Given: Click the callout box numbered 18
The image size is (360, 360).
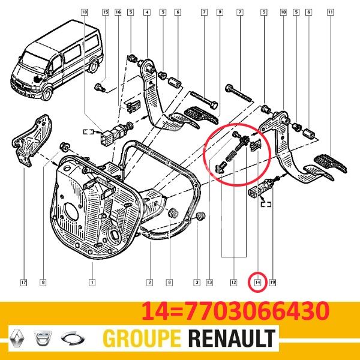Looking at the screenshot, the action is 85,12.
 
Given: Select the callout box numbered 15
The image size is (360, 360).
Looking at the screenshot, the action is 106,12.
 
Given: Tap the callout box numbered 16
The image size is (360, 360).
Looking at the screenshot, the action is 118,12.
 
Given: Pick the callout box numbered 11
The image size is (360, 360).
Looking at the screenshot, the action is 331,12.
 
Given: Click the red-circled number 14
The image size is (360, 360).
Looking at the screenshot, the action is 257,282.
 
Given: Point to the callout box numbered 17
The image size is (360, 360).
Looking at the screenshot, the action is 23,282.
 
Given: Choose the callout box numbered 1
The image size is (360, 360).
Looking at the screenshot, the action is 92,282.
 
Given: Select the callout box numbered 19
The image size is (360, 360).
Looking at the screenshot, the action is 272,282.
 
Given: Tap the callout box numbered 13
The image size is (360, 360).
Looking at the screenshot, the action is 209,282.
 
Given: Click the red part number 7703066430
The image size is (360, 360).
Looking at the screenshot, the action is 257,311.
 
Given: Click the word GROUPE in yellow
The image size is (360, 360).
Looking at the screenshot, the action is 142,338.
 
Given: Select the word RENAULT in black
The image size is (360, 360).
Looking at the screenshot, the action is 232,338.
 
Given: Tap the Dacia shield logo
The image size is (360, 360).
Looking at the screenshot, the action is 43,338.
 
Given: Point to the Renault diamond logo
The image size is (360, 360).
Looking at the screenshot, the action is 17,338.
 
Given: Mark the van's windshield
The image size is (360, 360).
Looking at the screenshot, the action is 34,61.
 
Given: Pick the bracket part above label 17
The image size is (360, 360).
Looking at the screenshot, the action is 32,140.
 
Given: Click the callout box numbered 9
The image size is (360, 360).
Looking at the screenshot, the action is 220,12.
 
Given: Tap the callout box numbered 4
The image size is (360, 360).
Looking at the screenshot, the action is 147,12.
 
